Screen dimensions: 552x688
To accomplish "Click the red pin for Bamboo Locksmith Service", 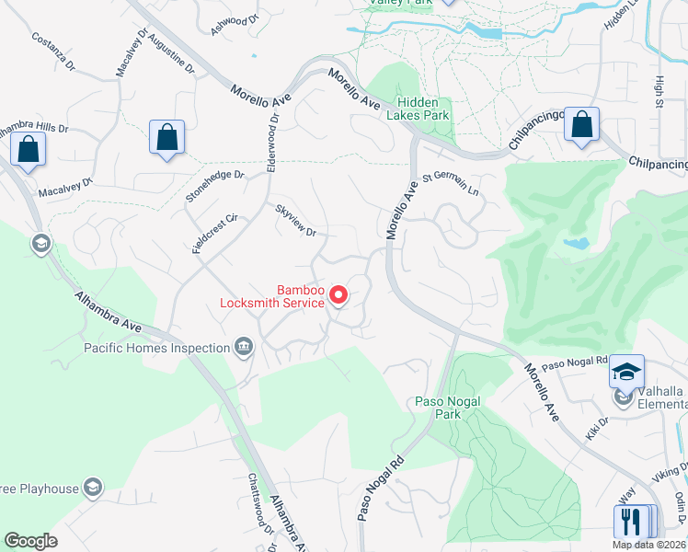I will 338,294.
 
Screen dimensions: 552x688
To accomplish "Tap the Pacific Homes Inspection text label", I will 156,348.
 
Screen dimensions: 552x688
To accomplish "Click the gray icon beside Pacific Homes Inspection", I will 244,347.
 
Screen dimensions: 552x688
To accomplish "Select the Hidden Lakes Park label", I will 422,109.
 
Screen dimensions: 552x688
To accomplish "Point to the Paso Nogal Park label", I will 437,408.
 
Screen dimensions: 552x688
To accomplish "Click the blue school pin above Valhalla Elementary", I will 626,372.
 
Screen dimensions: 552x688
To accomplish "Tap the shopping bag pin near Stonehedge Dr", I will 167,139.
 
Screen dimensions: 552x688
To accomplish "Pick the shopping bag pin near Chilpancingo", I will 581,125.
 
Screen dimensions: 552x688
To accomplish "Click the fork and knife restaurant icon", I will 631,521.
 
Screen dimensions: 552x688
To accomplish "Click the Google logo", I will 30,541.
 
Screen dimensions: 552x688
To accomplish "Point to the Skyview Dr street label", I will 296,220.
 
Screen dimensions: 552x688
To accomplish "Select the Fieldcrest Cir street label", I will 215,235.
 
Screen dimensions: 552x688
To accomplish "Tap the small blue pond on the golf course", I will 576,244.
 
